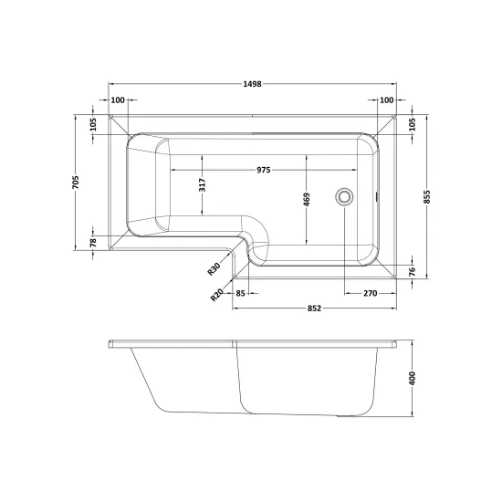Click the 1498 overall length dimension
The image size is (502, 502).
(x=252, y=84)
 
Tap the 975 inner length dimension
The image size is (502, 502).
(x=264, y=170)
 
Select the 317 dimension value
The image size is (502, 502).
(x=203, y=185)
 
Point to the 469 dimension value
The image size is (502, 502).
(x=307, y=200)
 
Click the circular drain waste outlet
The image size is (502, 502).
(x=344, y=196)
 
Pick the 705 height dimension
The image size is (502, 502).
(x=76, y=183)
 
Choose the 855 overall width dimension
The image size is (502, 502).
(x=427, y=197)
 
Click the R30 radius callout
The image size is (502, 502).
(x=214, y=268)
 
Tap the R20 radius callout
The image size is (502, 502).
(x=216, y=295)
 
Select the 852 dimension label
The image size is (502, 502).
(x=314, y=309)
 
